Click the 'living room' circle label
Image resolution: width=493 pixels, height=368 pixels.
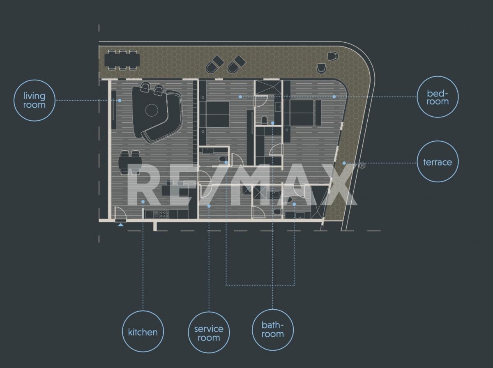(35, 100)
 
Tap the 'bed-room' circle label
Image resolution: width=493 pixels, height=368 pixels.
(438, 97)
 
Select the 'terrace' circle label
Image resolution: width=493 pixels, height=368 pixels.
(438, 162)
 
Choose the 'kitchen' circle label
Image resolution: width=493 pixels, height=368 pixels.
(143, 331)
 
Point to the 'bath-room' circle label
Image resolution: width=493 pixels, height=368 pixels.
(273, 330)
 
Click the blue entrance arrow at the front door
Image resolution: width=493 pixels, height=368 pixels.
(121, 225)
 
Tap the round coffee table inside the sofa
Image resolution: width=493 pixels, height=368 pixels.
(152, 110)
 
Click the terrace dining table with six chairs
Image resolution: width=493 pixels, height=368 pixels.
(122, 60)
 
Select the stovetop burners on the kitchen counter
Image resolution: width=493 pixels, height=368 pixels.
(164, 214)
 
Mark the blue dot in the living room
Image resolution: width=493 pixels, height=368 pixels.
(120, 101)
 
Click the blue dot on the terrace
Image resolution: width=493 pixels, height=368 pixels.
(344, 163)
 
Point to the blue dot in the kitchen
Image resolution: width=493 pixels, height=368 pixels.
(143, 202)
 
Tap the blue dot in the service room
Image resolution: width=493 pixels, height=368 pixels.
(209, 206)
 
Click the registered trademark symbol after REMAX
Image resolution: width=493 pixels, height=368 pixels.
(362, 166)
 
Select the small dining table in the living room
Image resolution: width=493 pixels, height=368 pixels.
(130, 162)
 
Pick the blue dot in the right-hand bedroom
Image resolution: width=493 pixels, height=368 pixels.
(334, 97)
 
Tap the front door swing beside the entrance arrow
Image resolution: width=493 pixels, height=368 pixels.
(121, 212)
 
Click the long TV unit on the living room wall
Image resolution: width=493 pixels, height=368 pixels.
(114, 110)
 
